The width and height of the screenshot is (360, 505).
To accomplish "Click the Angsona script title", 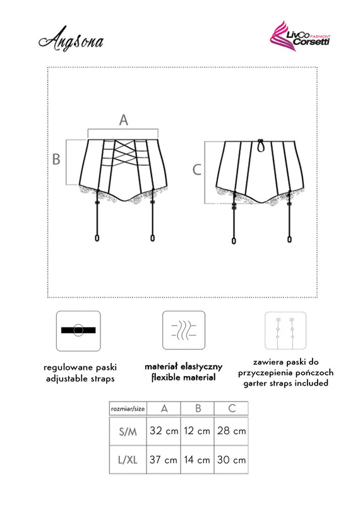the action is tap(71, 40).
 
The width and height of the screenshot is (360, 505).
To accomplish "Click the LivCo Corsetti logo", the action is tap(300, 37).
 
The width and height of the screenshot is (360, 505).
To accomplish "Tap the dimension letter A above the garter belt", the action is tap(124, 120).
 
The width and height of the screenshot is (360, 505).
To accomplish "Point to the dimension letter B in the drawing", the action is tap(56, 159).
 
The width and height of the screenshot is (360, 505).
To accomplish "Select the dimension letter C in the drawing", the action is tap(196, 170).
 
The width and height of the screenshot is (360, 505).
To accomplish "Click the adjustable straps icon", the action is tap(78, 331).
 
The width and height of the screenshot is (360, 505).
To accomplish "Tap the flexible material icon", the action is tap(184, 330).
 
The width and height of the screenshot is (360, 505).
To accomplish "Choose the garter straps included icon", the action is tap(285, 331).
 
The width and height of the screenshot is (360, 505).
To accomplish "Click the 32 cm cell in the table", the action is tap(164, 431).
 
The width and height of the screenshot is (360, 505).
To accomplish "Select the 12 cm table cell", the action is tap(197, 431).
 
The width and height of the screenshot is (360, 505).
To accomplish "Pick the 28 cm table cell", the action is tap(231, 431).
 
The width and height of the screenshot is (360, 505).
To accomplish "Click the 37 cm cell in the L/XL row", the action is tap(164, 459).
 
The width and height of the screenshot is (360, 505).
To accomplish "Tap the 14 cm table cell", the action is tap(197, 459).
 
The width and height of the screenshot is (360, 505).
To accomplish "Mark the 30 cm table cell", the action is tap(231, 459).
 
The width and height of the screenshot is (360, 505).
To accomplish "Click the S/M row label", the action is tap(128, 431).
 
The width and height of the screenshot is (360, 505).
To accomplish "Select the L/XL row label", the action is tap(128, 460).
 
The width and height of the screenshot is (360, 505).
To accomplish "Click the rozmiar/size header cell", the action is tap(128, 409).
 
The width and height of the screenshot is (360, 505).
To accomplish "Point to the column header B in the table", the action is tap(198, 408).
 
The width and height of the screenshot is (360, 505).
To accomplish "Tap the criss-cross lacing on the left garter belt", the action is tap(124, 153).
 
